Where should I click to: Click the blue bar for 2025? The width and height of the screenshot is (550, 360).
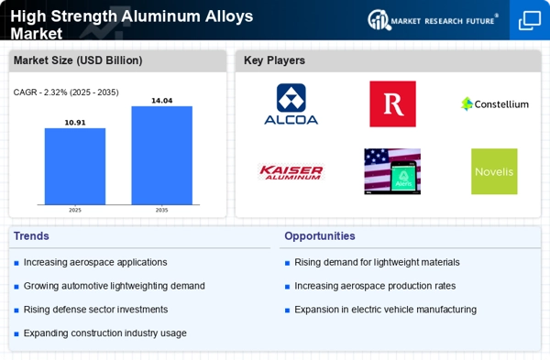tap(75, 166)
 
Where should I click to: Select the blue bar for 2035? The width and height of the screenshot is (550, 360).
tap(161, 155)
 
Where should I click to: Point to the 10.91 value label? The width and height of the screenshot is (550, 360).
tap(75, 122)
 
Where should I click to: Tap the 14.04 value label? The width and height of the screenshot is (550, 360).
tap(161, 100)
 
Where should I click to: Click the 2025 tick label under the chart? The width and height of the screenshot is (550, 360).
tap(75, 210)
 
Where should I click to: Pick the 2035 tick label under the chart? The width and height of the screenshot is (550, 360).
tap(161, 210)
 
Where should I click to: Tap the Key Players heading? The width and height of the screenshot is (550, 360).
tap(274, 60)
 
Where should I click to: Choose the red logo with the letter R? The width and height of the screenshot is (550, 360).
tap(392, 104)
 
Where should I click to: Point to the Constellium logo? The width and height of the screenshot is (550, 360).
tap(494, 104)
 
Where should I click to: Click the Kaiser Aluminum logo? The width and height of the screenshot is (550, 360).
tap(291, 171)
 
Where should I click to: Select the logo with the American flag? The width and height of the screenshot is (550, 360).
tap(392, 171)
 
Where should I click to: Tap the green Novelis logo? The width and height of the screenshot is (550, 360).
tap(494, 171)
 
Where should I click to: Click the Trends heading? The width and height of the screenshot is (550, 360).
tap(32, 235)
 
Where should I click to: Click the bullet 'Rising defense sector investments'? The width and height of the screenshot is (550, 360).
tap(95, 310)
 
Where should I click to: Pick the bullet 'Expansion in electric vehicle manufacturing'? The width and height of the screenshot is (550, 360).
tap(385, 310)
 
